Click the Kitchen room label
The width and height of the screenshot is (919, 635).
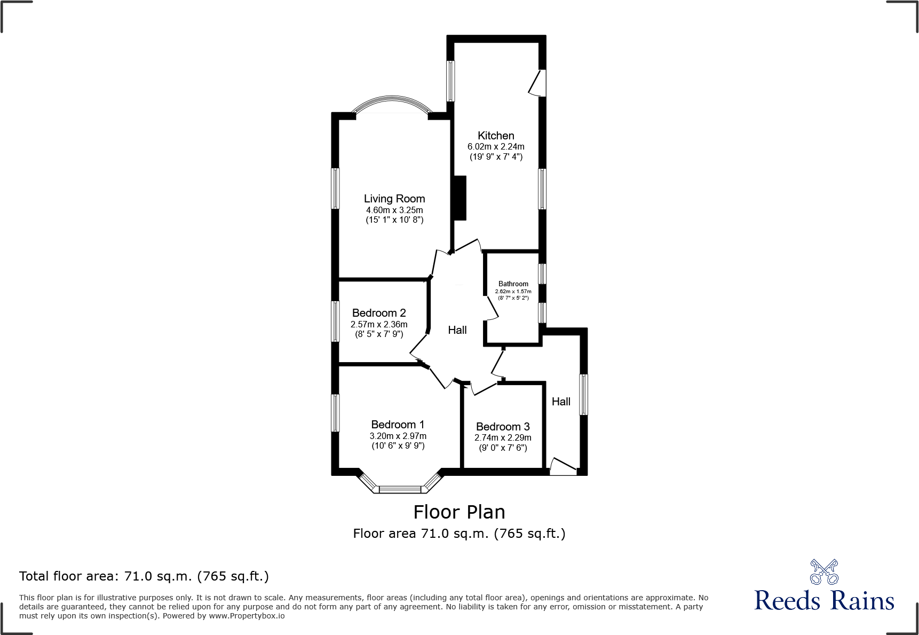pos(496,136)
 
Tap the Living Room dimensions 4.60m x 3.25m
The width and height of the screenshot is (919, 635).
pos(394,210)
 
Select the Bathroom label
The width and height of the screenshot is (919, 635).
pos(513,284)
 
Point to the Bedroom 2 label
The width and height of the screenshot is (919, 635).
pos(379,313)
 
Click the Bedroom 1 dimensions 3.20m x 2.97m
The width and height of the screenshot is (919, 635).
pos(398,436)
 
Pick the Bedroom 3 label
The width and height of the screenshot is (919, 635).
pos(503,426)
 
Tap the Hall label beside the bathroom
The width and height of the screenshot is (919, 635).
pos(457,330)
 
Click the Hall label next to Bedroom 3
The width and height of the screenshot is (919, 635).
pos(561,402)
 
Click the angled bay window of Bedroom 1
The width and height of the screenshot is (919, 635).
pos(400,488)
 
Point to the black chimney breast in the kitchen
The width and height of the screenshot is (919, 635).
pos(459,198)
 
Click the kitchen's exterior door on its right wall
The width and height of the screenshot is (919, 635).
pos(537,83)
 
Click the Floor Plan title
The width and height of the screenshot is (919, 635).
pos(459,512)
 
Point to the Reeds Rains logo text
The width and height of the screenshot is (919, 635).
pos(824,600)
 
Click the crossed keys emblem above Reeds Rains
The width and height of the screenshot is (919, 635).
pos(824,572)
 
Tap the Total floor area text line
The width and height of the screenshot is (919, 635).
pos(144,576)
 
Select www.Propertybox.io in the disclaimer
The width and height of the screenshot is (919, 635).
pos(247,616)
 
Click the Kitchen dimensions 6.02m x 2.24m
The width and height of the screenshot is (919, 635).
pos(496,146)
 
